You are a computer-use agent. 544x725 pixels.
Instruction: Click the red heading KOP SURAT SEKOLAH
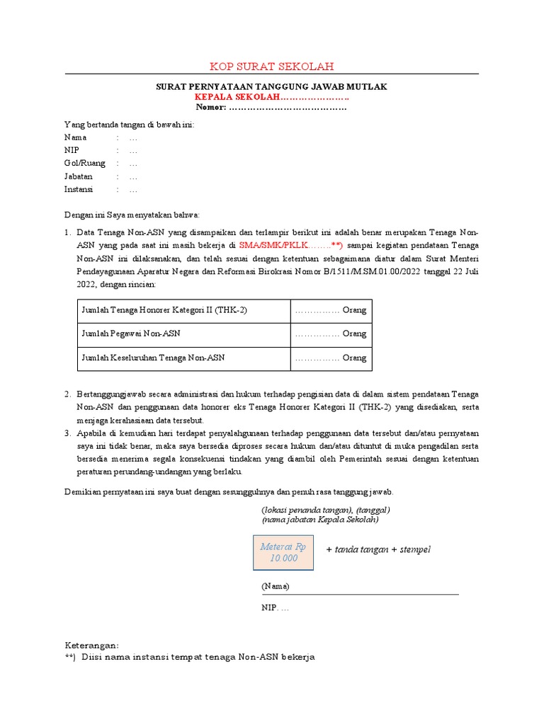coord(271,67)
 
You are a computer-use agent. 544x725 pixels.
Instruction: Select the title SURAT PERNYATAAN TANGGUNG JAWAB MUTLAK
coord(271,86)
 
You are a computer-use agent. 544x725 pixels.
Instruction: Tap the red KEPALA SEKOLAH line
coord(272,97)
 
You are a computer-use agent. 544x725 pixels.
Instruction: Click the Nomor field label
coord(211,107)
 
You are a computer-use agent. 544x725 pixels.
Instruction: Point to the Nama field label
coord(75,137)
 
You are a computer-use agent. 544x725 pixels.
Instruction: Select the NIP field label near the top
coord(72,150)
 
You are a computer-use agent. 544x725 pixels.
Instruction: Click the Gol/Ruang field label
coord(84,163)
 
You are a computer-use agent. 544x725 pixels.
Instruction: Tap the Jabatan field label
coord(79,176)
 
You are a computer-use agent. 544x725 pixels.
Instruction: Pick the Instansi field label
coord(79,189)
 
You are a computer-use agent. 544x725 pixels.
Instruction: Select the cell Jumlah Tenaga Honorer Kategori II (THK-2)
coord(164,310)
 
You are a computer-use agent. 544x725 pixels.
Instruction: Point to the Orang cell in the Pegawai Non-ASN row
coord(331,333)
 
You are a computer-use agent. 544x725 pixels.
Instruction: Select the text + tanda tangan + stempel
coord(378,550)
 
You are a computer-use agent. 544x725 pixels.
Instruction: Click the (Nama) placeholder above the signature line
coord(276,586)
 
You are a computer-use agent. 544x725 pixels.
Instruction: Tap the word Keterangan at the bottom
coord(91,645)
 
